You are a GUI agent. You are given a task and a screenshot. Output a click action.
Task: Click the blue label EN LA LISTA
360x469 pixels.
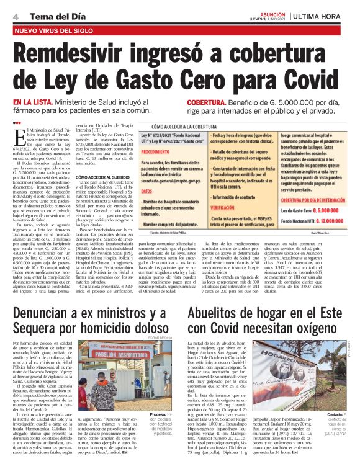pos(34,102)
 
